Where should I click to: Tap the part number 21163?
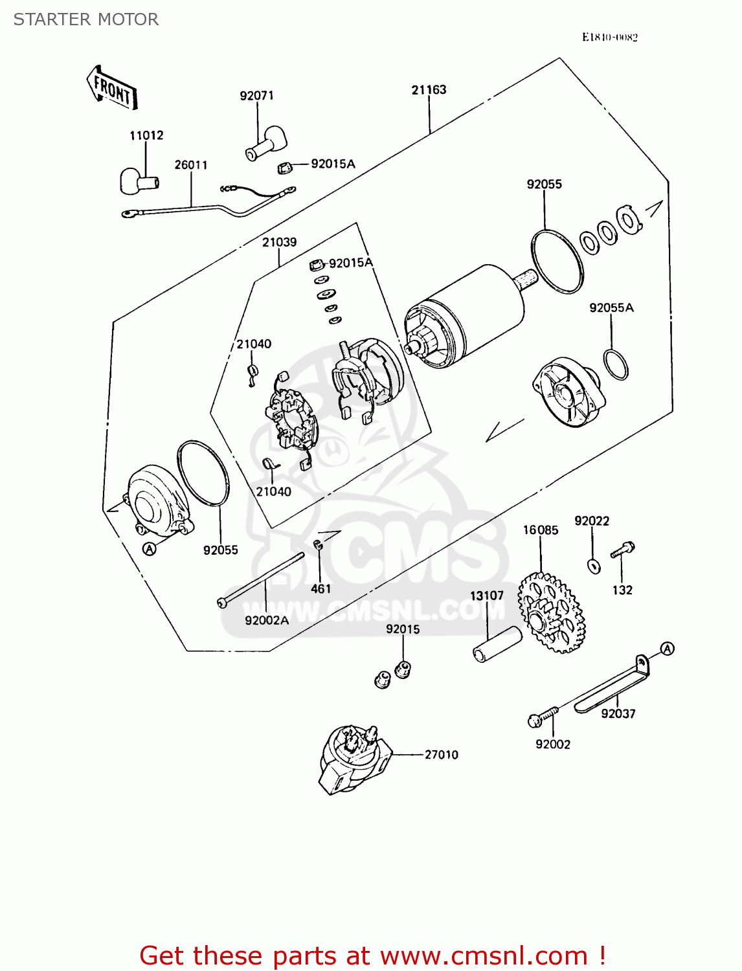click(x=429, y=90)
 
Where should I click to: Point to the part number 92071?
click(x=256, y=96)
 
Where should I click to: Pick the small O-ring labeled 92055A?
click(x=615, y=364)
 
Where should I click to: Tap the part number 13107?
click(x=486, y=596)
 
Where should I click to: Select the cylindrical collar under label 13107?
click(x=497, y=644)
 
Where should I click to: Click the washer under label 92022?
click(x=594, y=566)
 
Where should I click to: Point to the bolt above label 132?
click(x=622, y=550)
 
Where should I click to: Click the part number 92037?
click(x=618, y=713)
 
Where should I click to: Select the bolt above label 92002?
click(x=543, y=717)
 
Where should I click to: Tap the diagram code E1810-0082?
click(x=609, y=38)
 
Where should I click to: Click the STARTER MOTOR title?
click(x=86, y=19)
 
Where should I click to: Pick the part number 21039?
click(x=279, y=242)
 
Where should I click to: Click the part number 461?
click(x=320, y=588)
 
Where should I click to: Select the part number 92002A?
click(x=267, y=620)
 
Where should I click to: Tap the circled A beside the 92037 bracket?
click(x=667, y=648)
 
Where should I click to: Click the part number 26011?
click(x=191, y=165)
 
